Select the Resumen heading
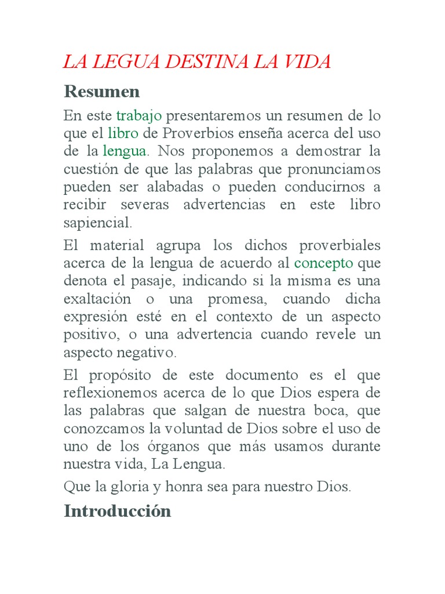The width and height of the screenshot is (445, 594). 102,92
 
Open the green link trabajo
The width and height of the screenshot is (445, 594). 139,115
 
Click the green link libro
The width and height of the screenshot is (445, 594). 123,133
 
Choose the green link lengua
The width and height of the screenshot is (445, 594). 124,151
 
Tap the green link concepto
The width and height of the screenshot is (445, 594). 323,263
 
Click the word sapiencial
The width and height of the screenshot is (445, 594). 97,223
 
